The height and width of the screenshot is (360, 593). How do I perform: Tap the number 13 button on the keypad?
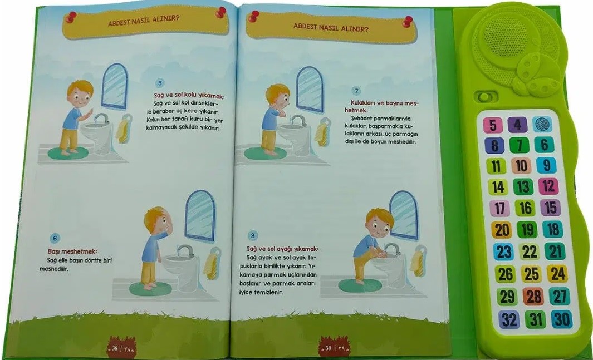click(x=523, y=186)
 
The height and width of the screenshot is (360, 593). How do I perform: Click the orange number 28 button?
click(x=533, y=297)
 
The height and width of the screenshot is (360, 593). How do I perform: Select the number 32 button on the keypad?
click(x=509, y=320)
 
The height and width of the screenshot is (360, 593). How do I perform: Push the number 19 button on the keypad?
click(x=527, y=230)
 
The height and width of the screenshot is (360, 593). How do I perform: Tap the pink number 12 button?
click(x=548, y=186)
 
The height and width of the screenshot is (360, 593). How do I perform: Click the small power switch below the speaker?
click(x=484, y=97)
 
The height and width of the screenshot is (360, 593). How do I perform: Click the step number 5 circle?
click(x=160, y=83)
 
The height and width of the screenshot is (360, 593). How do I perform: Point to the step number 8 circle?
click(x=253, y=236)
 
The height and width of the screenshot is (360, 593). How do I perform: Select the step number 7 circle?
click(x=356, y=91)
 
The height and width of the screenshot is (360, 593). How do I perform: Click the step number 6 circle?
click(x=55, y=238)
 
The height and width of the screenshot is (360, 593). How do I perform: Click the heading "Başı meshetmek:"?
click(x=72, y=251)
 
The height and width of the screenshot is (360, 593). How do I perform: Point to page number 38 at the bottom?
click(x=115, y=348)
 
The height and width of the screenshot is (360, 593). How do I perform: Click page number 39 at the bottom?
click(x=328, y=348)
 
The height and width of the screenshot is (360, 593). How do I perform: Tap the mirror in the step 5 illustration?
click(x=115, y=86)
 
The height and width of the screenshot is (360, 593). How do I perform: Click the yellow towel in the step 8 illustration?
click(x=418, y=262)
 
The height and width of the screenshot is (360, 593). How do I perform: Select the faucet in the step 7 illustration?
click(x=297, y=121)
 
